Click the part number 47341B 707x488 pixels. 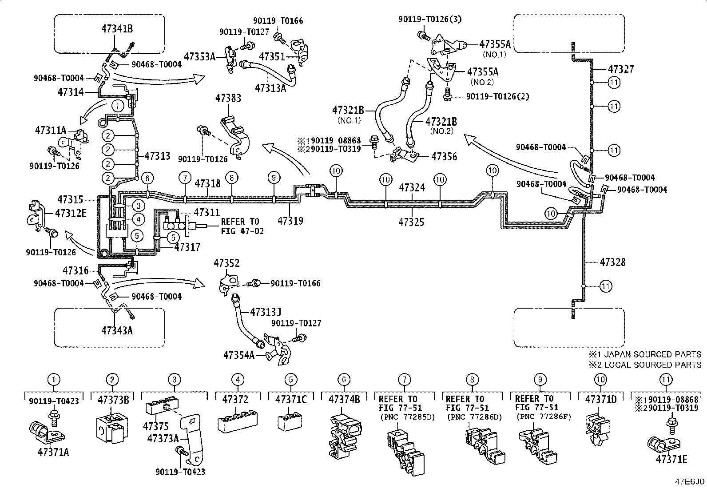coord(117,29)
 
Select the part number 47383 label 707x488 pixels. coord(228,98)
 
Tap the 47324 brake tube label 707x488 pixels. coord(412,187)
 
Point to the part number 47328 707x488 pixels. coord(612,262)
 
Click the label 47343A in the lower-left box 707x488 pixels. coord(117,330)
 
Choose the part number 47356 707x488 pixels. coord(444,156)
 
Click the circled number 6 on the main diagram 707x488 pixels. coord(147,178)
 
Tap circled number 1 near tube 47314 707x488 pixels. coord(118,106)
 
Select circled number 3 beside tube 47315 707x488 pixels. coord(138,206)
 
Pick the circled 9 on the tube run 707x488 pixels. coord(274,178)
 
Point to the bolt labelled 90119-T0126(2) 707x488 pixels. coord(447,94)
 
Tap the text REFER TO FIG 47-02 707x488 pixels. coord(242,226)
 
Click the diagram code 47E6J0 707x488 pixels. coord(689,482)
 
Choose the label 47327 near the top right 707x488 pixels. coord(620,69)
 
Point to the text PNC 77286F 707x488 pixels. coord(544,417)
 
